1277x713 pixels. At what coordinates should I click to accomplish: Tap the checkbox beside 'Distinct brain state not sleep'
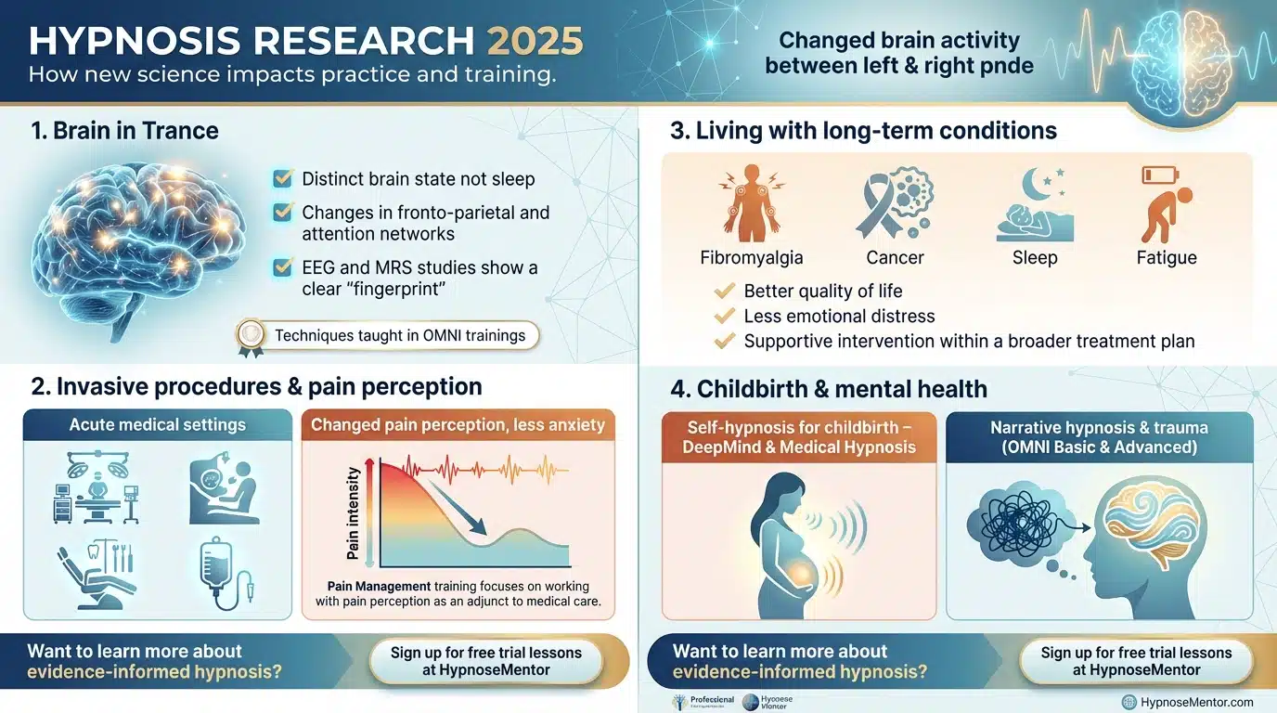[x=284, y=178]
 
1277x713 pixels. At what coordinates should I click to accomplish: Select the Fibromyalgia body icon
[x=740, y=203]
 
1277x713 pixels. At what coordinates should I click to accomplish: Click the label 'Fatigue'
[x=1167, y=257]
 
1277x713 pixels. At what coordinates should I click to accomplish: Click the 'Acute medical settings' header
[x=158, y=425]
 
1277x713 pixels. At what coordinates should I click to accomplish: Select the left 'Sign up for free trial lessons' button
[x=485, y=661]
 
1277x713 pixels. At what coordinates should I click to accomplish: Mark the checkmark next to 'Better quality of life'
[x=725, y=291]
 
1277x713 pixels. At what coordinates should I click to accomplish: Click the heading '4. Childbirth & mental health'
[x=829, y=389]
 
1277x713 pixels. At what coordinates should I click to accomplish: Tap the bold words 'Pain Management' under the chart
[x=379, y=586]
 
